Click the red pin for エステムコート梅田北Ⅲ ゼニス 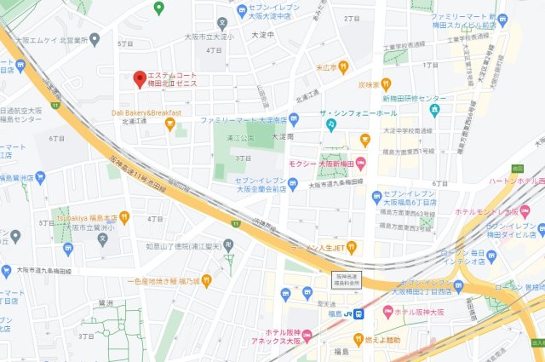point(140,78)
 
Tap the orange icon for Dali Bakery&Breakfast point(169,124)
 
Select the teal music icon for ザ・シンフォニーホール point(331,125)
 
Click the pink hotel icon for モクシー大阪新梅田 point(362,164)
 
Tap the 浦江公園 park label point(241,137)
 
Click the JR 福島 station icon point(360,313)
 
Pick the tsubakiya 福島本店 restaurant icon point(124,217)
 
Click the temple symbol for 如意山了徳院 point(227,246)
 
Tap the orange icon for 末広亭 point(344,66)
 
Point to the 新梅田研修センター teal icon point(434,109)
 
